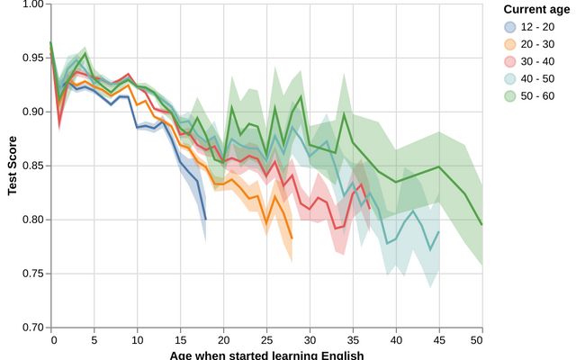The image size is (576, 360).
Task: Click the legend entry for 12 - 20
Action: [526, 27]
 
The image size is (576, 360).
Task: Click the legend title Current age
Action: [536, 10]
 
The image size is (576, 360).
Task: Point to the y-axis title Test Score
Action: [13, 166]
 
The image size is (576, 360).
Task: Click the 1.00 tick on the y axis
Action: [32, 4]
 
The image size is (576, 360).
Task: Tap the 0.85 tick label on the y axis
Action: [32, 166]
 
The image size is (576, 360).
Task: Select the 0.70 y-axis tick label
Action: [32, 328]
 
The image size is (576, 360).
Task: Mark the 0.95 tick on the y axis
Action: [32, 58]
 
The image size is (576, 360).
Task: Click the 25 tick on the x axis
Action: [267, 340]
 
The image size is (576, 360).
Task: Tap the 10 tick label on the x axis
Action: [138, 340]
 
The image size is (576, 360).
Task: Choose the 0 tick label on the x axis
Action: [53, 340]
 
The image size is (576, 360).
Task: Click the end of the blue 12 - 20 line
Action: [206, 219]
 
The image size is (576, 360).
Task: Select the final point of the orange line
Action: [292, 238]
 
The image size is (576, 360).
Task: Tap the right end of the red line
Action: [370, 209]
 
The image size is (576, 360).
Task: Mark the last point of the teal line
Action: [438, 232]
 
